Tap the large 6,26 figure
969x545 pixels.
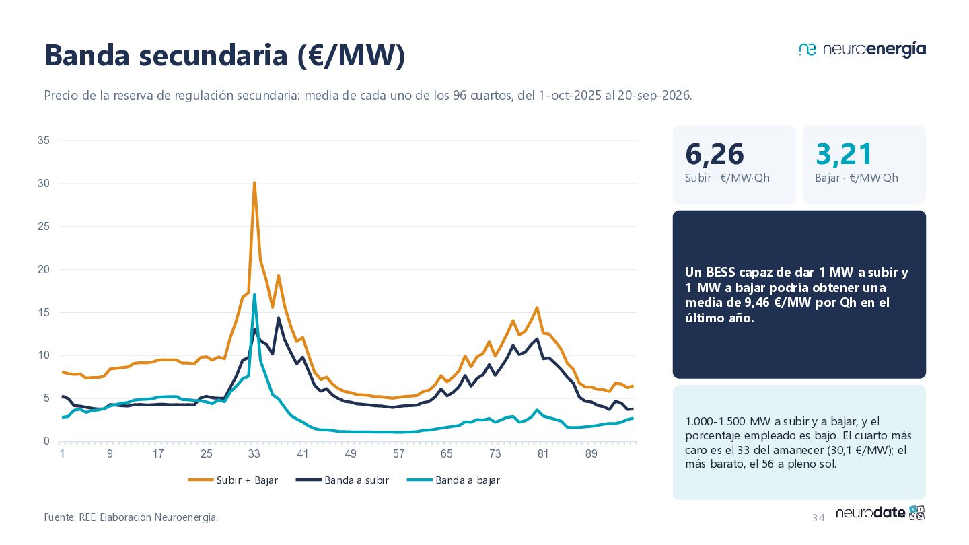(714, 155)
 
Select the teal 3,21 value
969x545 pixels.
(844, 155)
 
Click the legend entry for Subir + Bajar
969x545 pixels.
(233, 480)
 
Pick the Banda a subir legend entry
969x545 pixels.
(342, 480)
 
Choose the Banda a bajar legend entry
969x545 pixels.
(454, 480)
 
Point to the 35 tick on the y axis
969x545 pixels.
(44, 140)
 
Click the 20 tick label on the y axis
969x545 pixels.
(44, 269)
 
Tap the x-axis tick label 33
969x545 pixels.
(254, 453)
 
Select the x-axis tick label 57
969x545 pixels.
(398, 453)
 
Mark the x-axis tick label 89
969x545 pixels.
(591, 453)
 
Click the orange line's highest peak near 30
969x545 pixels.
(254, 182)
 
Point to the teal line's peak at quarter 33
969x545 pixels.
(254, 295)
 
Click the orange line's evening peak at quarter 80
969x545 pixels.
(537, 307)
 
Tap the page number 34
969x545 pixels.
(818, 518)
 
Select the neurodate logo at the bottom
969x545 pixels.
(880, 513)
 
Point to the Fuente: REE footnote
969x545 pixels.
(131, 517)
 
